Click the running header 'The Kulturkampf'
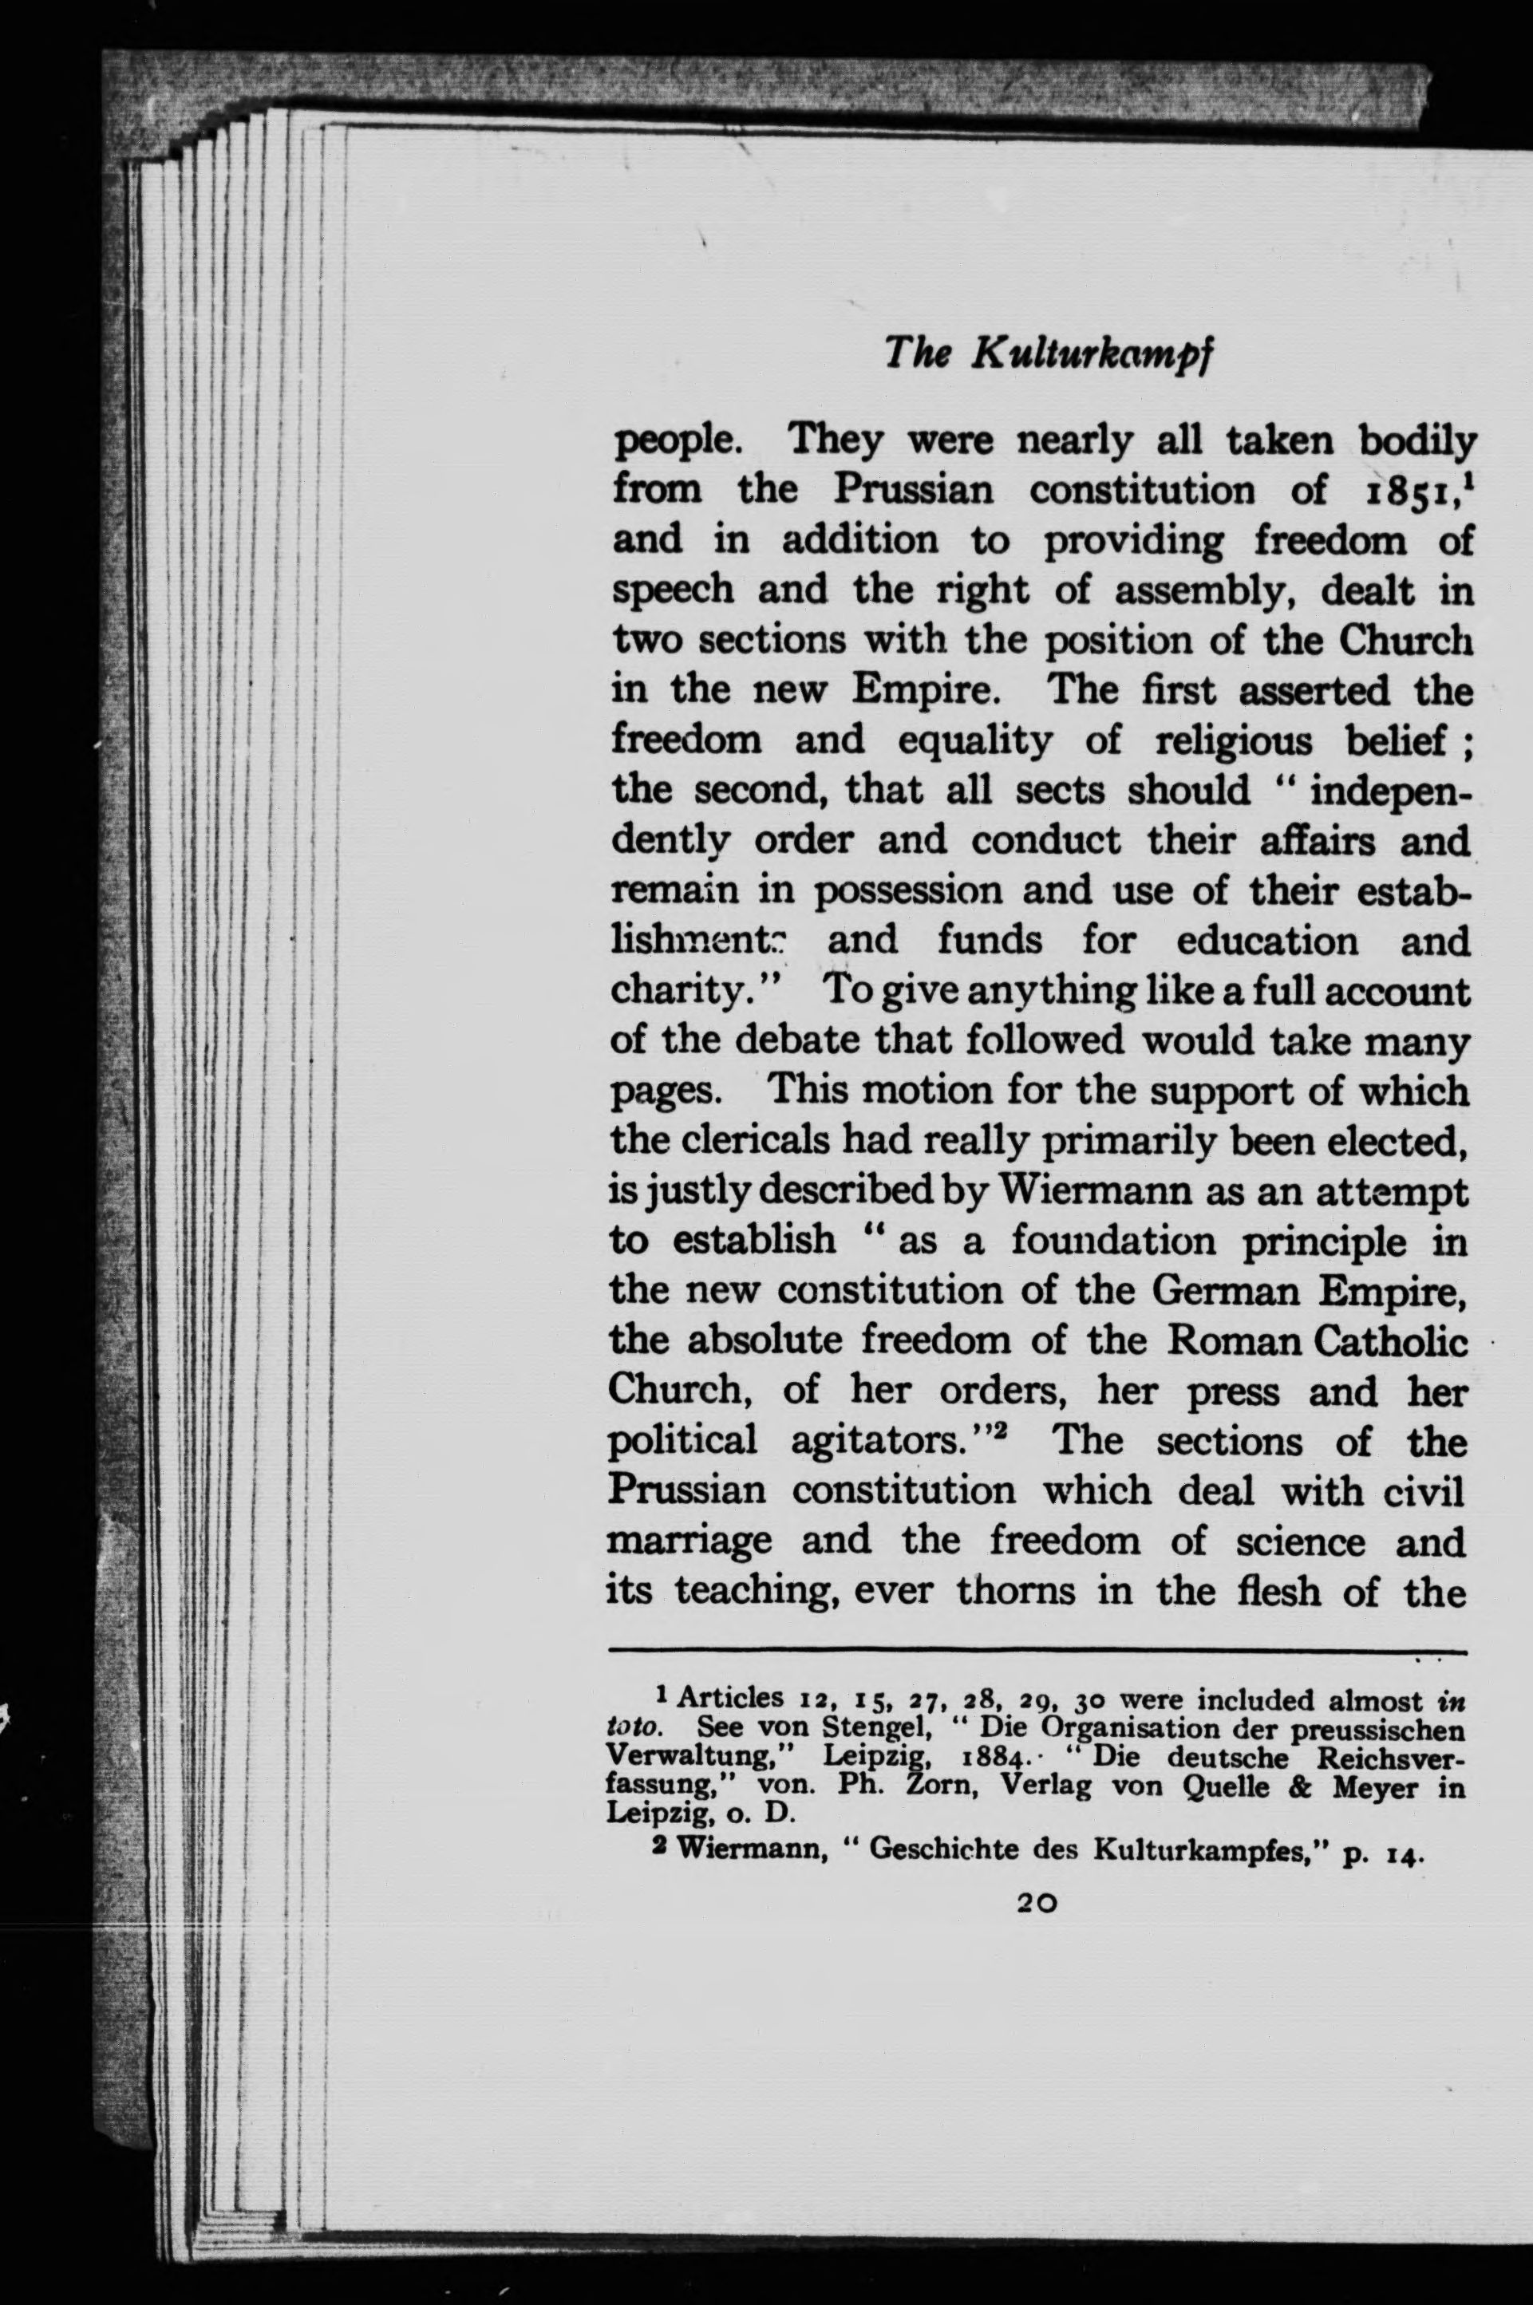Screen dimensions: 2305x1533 tap(1047, 354)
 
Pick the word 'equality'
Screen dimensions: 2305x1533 tap(974, 740)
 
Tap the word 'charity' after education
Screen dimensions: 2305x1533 tap(679, 993)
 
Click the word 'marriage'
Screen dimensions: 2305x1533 tap(689, 1541)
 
